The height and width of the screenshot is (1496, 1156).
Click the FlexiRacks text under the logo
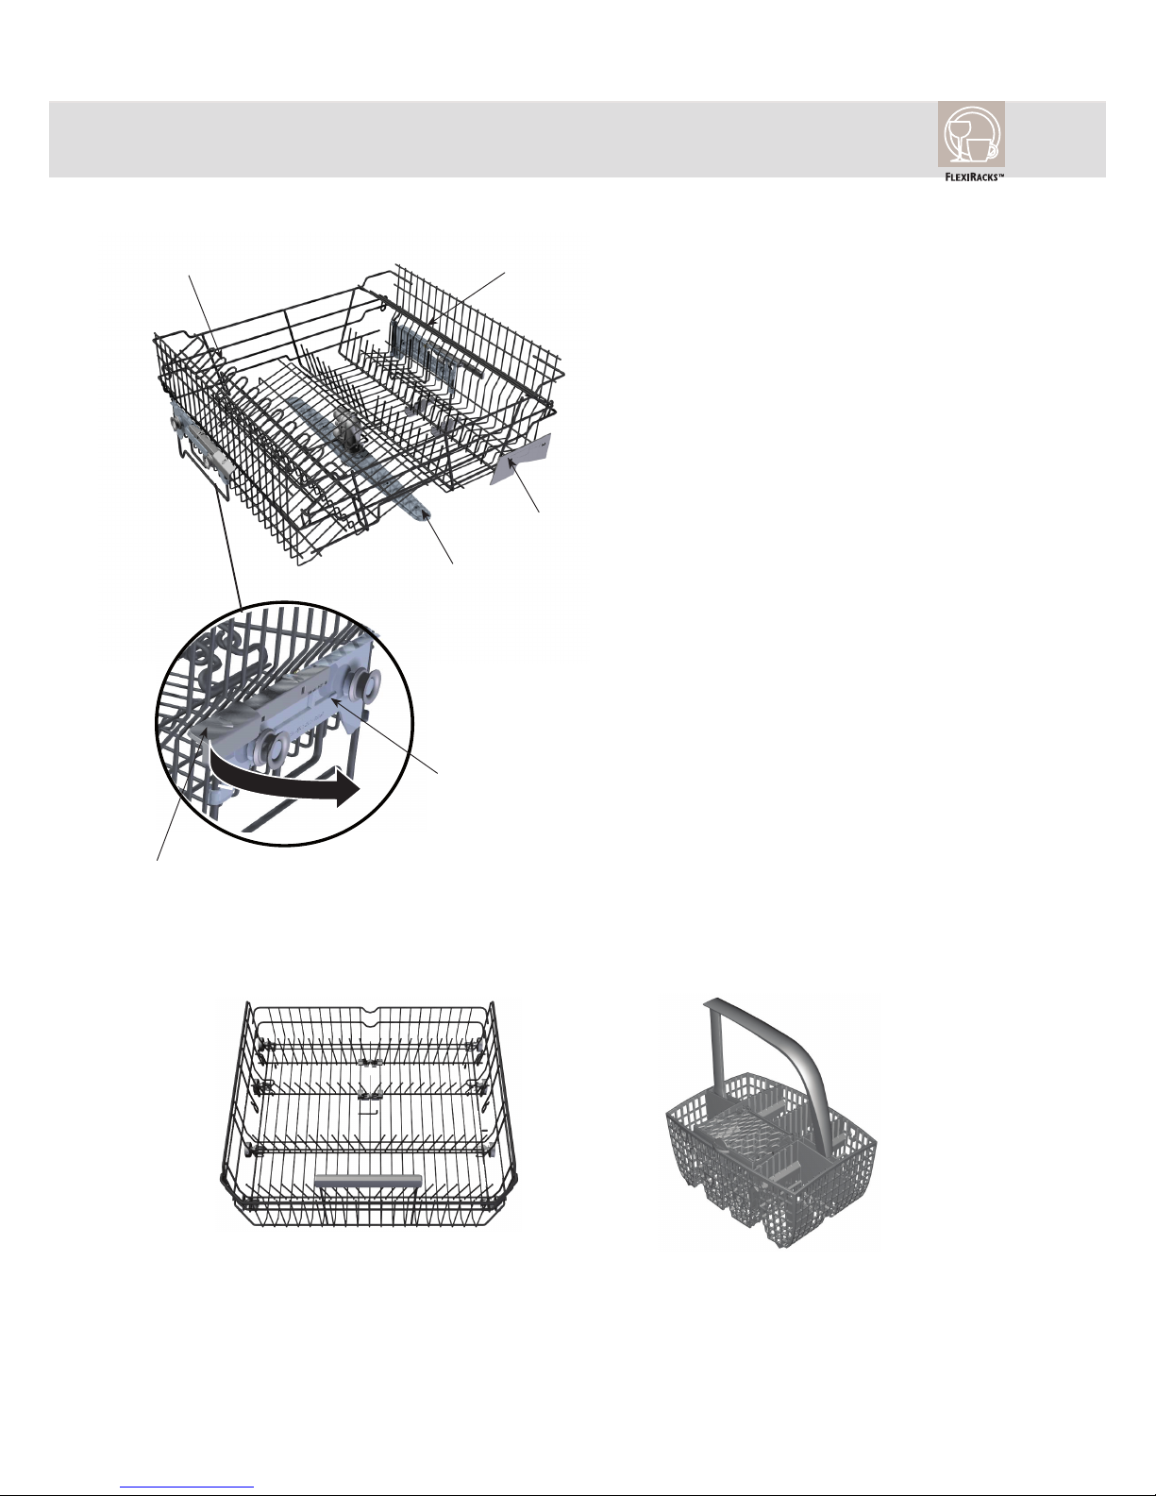(974, 176)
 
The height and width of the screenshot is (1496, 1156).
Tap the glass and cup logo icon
(971, 134)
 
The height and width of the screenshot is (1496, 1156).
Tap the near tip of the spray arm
(427, 513)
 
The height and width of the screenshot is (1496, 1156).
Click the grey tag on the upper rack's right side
(523, 460)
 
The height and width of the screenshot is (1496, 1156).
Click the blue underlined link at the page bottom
(187, 1485)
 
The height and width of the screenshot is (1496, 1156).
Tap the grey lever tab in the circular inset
(227, 722)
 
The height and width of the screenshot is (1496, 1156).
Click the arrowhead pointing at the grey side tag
(511, 467)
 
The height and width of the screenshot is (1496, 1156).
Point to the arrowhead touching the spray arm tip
(428, 518)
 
